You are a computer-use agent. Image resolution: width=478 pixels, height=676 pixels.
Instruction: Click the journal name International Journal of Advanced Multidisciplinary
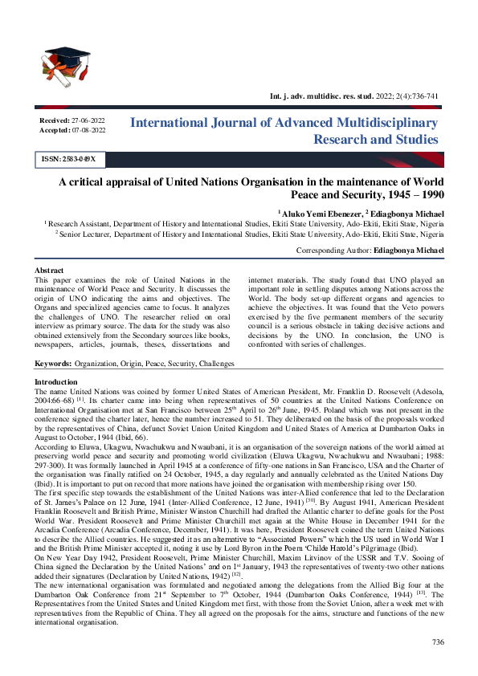tap(284, 123)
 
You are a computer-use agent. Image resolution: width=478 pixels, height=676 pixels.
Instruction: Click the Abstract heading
tap(49, 270)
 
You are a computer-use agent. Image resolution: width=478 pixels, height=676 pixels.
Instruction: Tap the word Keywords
tap(53, 364)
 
